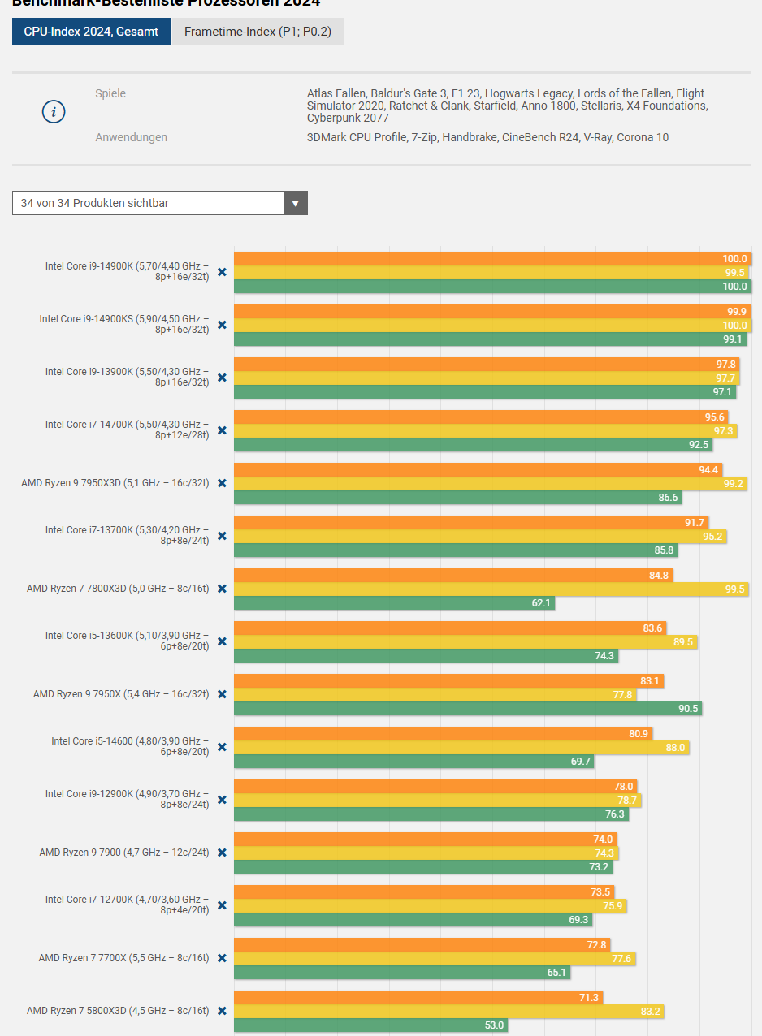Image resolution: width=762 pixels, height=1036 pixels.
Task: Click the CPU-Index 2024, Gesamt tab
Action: tap(91, 32)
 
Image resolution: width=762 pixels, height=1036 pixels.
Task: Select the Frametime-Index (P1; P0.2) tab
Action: tap(258, 32)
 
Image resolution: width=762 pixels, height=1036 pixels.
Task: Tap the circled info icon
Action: tap(54, 112)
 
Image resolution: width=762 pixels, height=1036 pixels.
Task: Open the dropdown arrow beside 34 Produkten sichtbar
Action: tap(296, 203)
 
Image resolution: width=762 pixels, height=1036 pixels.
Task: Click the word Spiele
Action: tap(110, 93)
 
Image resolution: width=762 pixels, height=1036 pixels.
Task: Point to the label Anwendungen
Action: tap(131, 137)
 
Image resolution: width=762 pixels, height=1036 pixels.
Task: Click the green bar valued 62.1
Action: tap(394, 603)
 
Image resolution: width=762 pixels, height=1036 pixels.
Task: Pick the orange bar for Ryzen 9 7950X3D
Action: tap(478, 470)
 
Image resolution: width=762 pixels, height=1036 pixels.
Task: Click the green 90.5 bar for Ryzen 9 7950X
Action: tap(467, 709)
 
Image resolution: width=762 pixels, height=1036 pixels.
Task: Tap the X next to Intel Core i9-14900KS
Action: tap(222, 325)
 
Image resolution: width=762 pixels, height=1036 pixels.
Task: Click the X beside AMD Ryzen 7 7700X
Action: tap(222, 958)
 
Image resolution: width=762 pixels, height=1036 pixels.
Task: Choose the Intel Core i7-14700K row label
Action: tap(127, 430)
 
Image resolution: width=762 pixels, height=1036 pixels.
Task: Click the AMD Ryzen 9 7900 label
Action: tap(123, 853)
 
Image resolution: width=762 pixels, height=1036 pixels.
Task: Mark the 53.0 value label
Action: tap(494, 1025)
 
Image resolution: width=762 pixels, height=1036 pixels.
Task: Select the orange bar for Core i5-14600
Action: tap(443, 734)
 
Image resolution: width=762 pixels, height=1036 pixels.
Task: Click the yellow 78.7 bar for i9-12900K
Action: tap(437, 801)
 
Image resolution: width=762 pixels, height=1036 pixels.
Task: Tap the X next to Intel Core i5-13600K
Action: tap(222, 641)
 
